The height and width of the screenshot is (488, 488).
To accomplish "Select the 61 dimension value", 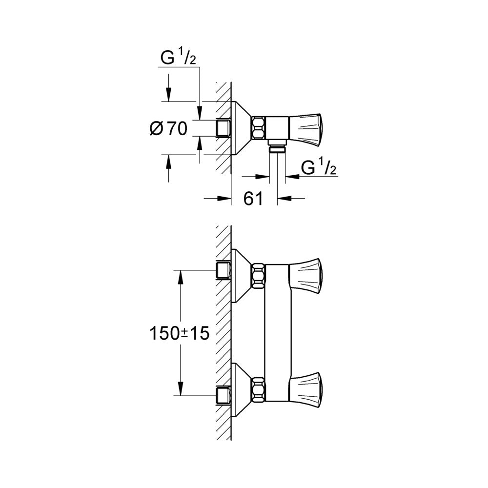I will tap(253, 198).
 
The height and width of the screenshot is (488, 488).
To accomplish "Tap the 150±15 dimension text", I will tap(180, 333).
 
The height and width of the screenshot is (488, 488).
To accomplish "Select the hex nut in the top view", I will tap(258, 128).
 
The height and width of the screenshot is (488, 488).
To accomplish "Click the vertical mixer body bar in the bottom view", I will tap(278, 332).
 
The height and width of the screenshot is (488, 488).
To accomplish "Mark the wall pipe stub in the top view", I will tap(223, 128).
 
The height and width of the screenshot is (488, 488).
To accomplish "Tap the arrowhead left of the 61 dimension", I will tap(225, 198).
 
